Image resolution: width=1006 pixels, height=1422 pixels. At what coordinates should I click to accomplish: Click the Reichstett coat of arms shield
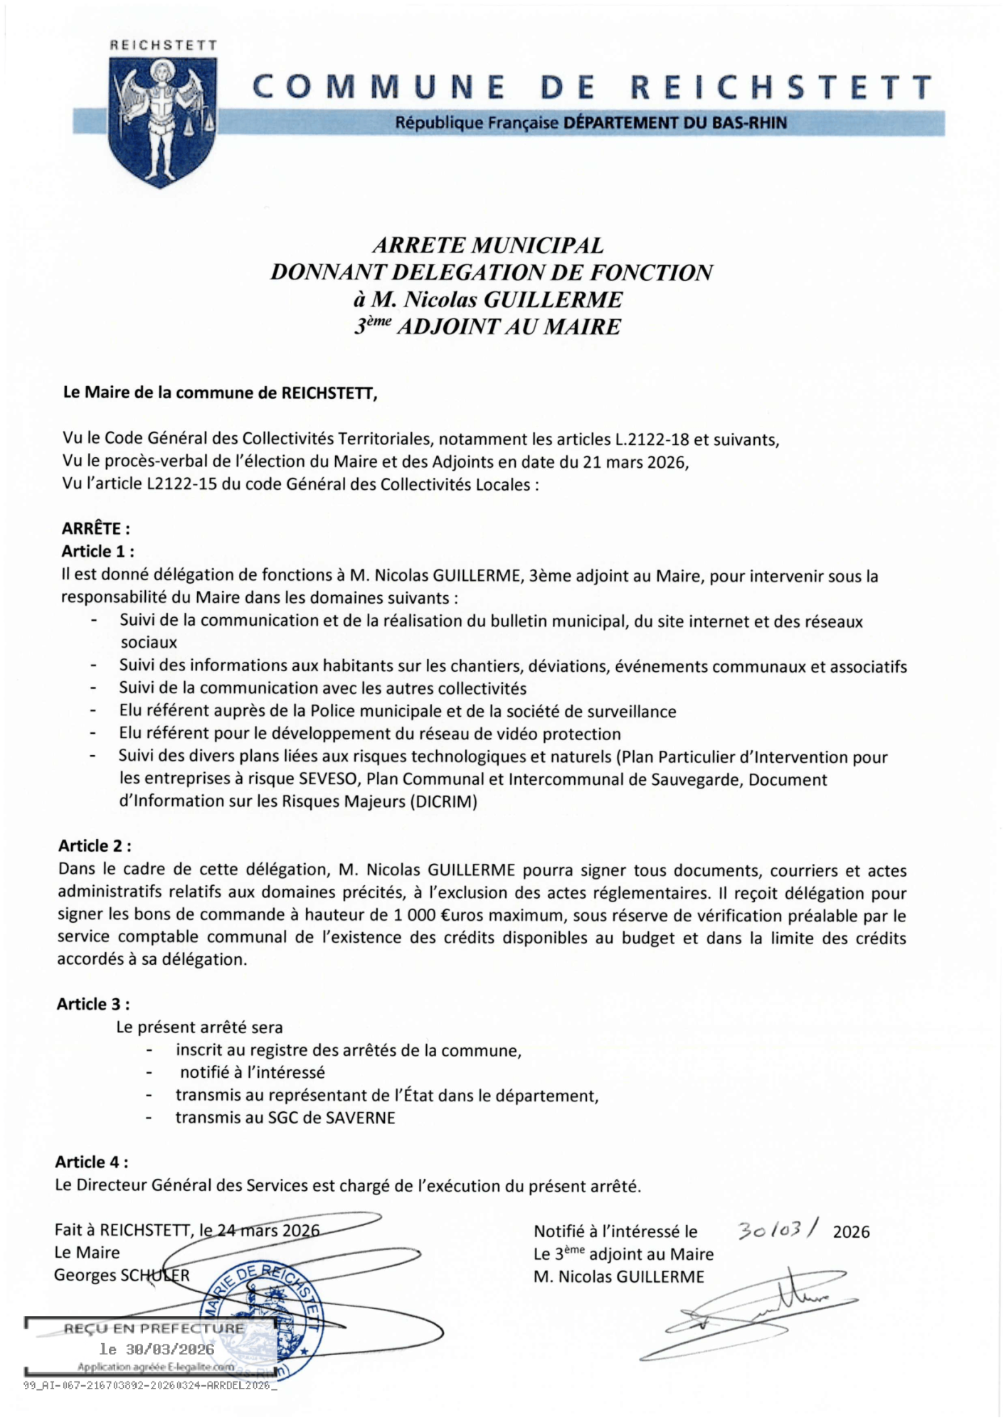pyautogui.click(x=162, y=121)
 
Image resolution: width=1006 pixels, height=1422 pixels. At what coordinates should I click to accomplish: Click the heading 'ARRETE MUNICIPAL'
pyautogui.click(x=488, y=245)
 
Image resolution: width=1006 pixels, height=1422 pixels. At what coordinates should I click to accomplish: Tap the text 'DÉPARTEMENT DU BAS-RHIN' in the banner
pyautogui.click(x=675, y=123)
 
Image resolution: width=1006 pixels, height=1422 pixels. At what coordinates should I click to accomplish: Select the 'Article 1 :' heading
pyautogui.click(x=97, y=552)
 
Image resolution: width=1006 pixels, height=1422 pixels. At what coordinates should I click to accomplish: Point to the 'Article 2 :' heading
pyautogui.click(x=95, y=845)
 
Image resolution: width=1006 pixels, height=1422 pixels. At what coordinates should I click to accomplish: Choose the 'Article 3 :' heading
pyautogui.click(x=93, y=1004)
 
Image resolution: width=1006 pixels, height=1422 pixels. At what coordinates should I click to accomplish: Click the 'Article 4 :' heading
pyautogui.click(x=92, y=1162)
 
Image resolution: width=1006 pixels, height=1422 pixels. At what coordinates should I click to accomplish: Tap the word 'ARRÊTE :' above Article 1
pyautogui.click(x=96, y=529)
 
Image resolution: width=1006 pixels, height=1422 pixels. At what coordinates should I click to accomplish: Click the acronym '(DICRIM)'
pyautogui.click(x=443, y=802)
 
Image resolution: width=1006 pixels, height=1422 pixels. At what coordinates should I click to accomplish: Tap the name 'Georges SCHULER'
pyautogui.click(x=122, y=1275)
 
